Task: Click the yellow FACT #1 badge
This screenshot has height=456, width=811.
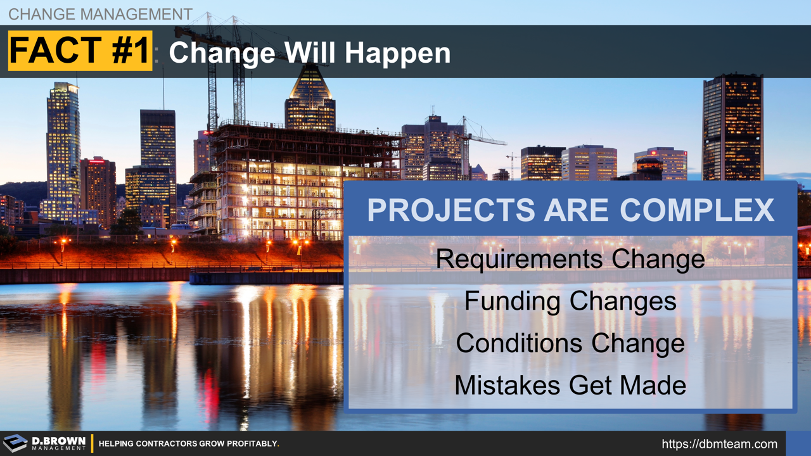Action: click(80, 51)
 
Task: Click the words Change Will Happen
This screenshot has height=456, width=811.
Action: click(309, 53)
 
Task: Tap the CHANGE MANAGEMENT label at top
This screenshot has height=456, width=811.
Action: click(100, 14)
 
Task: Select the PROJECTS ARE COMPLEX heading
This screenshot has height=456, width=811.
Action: click(570, 210)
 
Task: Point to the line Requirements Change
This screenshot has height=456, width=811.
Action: click(570, 258)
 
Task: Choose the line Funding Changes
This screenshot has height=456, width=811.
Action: click(570, 300)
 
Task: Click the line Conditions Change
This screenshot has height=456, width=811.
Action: click(570, 343)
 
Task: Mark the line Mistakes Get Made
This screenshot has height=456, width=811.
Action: click(570, 385)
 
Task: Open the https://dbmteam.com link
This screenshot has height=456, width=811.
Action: click(719, 444)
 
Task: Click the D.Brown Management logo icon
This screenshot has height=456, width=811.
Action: click(15, 443)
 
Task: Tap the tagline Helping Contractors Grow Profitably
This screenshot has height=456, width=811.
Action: click(189, 444)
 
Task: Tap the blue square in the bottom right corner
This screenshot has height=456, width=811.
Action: click(798, 443)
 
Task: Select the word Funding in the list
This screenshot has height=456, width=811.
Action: click(513, 300)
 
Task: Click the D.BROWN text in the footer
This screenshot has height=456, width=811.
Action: click(58, 440)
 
